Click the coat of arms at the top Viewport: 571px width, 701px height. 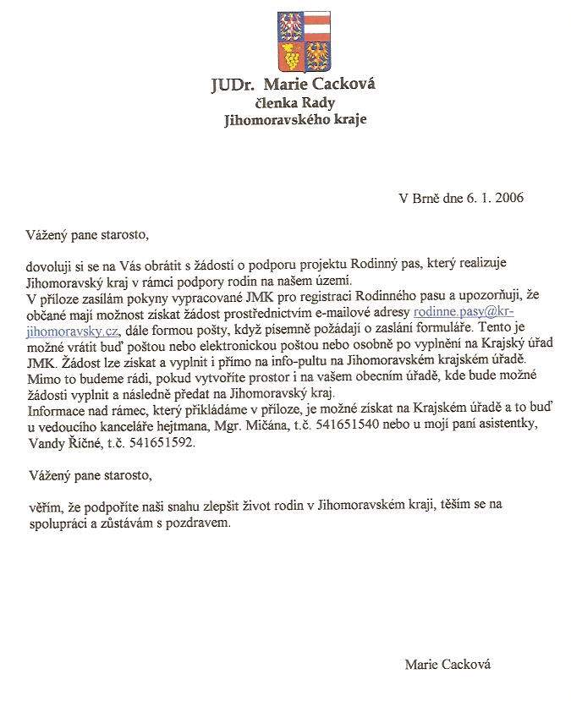pyautogui.click(x=305, y=40)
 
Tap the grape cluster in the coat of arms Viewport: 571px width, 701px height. pyautogui.click(x=291, y=58)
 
